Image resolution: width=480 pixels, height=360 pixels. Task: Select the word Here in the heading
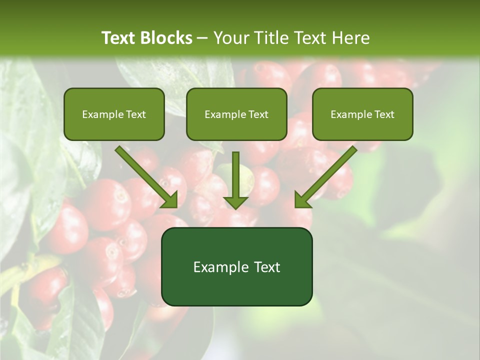(x=352, y=38)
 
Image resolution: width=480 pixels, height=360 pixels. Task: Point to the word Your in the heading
(x=231, y=38)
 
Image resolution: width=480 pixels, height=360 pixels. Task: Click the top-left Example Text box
(x=114, y=114)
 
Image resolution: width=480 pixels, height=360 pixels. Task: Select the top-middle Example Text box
(x=236, y=114)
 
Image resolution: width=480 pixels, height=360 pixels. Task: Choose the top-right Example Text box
(x=362, y=114)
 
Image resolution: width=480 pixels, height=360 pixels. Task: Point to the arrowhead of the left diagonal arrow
(x=170, y=200)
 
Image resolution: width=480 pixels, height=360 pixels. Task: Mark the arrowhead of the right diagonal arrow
(x=302, y=200)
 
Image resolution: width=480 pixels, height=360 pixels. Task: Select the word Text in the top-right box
(x=384, y=114)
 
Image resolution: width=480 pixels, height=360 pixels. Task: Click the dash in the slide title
(x=202, y=38)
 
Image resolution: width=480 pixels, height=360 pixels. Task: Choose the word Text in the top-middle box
(x=258, y=114)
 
